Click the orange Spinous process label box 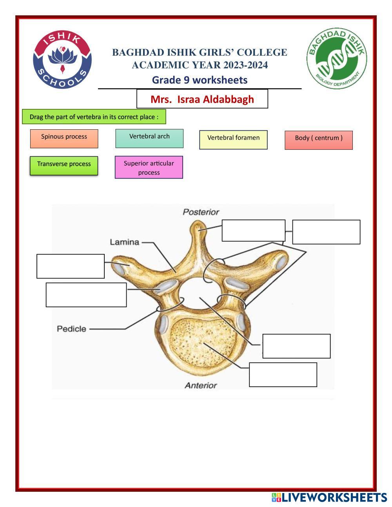(x=64, y=139)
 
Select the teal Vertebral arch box (x=149, y=138)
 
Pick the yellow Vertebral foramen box (x=233, y=140)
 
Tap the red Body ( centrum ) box (x=319, y=140)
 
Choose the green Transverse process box (x=64, y=166)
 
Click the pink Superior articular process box (x=149, y=167)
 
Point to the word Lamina (x=124, y=242)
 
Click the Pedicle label (x=72, y=329)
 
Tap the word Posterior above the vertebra (x=201, y=212)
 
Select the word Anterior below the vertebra (x=201, y=385)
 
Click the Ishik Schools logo (x=62, y=60)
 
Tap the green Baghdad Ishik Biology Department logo (x=336, y=58)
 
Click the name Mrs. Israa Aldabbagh (x=202, y=99)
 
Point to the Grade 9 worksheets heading (x=200, y=80)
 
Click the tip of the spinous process (x=198, y=223)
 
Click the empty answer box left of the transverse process (x=71, y=266)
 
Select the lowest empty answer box (x=283, y=375)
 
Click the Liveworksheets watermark (x=329, y=497)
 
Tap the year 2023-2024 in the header (x=246, y=65)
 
